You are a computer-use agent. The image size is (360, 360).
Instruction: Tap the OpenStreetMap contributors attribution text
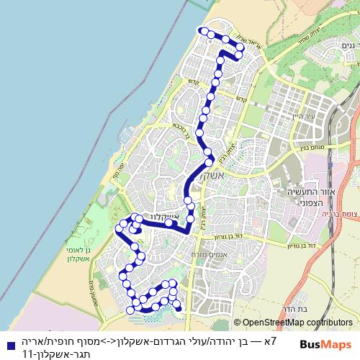296,323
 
